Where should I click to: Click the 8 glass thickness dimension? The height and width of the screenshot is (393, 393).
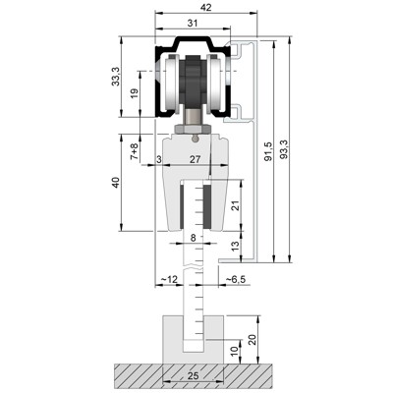(x=194, y=237)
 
